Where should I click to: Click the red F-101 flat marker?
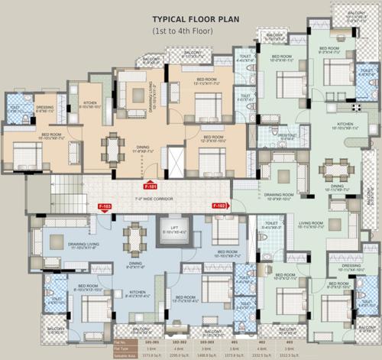[x=151, y=185]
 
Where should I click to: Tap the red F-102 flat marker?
[x=220, y=206]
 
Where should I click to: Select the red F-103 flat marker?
[x=105, y=206]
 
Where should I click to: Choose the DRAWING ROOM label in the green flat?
[x=280, y=195]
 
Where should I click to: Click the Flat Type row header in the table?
[x=124, y=349]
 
